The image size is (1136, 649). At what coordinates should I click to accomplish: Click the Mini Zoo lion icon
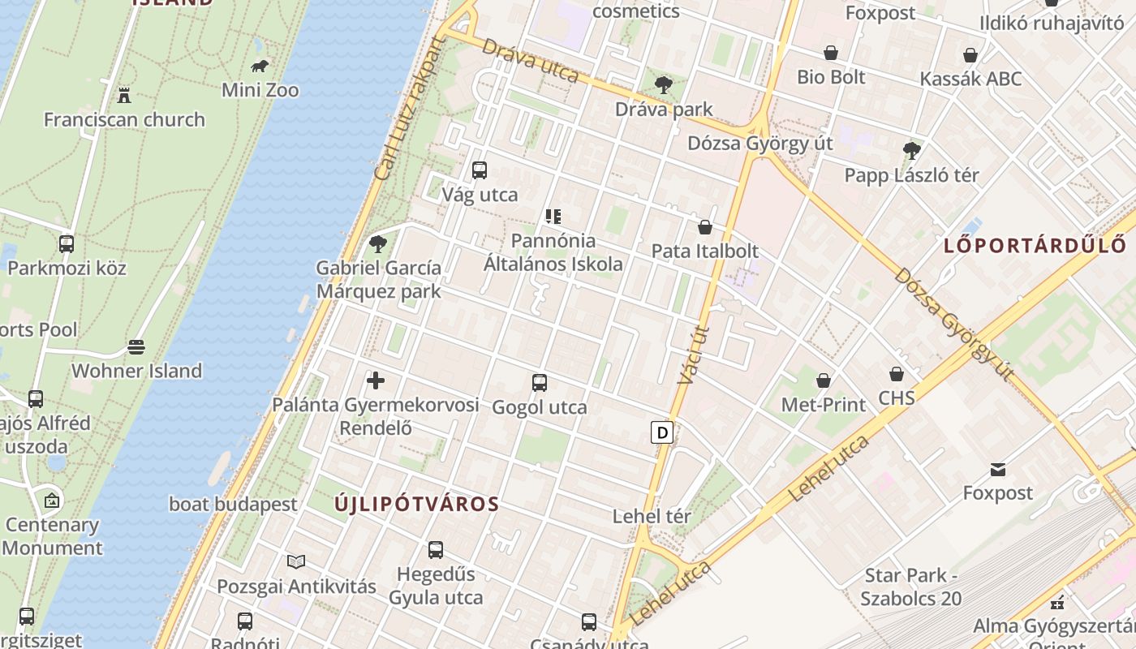[260, 66]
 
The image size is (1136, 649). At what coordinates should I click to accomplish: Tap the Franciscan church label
[124, 119]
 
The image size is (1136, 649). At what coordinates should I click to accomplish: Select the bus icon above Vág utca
[480, 170]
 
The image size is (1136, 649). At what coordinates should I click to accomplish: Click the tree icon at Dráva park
[664, 84]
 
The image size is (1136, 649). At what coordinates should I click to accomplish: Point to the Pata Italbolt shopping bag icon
[705, 227]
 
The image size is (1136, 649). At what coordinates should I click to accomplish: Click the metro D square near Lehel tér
[662, 432]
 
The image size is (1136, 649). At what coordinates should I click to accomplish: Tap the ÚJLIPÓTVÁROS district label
[417, 504]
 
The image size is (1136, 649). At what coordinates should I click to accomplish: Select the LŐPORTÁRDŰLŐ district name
[1035, 245]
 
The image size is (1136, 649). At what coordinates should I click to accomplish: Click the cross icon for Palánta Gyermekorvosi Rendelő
[376, 380]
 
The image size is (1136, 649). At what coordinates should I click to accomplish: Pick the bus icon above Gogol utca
[540, 383]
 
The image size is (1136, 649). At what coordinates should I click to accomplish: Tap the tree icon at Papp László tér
[911, 150]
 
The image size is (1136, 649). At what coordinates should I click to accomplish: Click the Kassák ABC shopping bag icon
[970, 55]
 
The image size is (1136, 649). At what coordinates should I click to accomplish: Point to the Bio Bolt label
[831, 77]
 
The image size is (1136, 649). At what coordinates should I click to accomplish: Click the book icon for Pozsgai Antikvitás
[296, 561]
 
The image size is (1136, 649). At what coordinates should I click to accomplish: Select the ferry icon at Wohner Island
[136, 347]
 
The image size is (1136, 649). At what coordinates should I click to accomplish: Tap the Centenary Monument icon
[52, 501]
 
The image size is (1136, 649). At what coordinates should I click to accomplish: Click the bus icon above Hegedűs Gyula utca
[436, 550]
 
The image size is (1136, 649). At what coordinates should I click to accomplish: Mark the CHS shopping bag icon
[897, 374]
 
